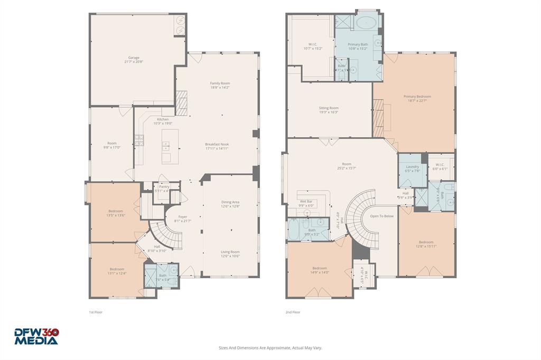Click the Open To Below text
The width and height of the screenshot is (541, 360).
(x=381, y=216)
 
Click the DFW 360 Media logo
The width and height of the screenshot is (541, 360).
(x=36, y=336)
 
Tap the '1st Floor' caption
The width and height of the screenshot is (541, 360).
(x=96, y=312)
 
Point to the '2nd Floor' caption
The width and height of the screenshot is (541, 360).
(x=293, y=312)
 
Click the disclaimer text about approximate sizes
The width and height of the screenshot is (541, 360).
(x=270, y=348)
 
